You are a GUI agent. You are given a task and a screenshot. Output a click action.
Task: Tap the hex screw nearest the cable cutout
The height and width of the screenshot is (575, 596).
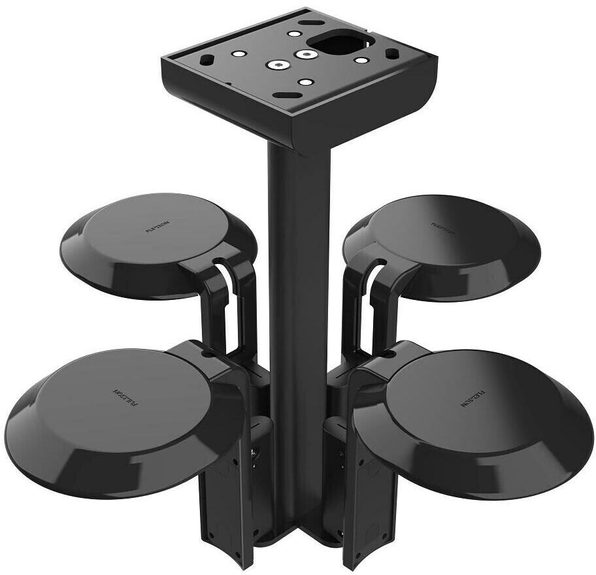pos(304,54)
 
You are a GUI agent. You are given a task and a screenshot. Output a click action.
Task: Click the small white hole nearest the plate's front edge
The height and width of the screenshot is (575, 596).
pos(305,82)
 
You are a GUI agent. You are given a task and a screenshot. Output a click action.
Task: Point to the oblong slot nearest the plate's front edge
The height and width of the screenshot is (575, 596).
pos(282,95)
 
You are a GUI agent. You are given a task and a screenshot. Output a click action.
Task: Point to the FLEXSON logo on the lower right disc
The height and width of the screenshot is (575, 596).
pos(475,396)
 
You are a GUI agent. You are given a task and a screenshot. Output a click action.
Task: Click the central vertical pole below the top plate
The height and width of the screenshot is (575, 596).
pos(298,261)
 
